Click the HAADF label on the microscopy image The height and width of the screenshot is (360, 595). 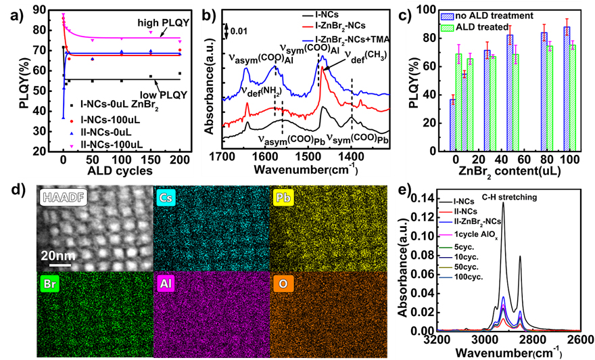tap(64, 198)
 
